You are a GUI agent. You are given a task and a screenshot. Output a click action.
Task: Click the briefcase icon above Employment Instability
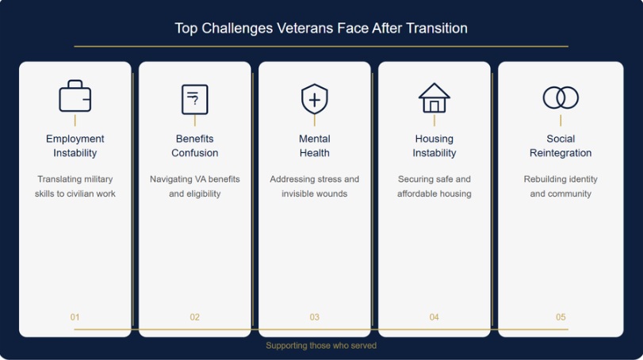click(75, 97)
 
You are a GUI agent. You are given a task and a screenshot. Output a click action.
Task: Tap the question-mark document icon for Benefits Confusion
click(195, 99)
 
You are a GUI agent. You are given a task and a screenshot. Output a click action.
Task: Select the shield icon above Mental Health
click(315, 99)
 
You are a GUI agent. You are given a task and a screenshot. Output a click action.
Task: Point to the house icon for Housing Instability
click(434, 98)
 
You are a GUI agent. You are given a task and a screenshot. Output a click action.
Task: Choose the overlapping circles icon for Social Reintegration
click(561, 98)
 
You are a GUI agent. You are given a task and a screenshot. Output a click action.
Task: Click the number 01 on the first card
click(75, 317)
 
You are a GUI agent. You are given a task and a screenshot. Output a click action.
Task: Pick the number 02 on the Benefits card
click(195, 317)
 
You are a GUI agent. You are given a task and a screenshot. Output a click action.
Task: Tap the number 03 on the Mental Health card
click(315, 317)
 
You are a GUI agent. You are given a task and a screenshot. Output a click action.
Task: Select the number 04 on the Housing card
click(434, 317)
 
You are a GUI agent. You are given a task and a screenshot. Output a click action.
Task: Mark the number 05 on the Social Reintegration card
click(561, 317)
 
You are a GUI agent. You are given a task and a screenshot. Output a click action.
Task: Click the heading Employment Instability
click(75, 146)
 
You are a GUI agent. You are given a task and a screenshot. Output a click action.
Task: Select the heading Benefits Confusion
click(195, 146)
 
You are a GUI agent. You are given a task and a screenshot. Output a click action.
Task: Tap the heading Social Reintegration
click(561, 146)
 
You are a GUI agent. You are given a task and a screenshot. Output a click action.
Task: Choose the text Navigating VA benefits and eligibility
click(195, 186)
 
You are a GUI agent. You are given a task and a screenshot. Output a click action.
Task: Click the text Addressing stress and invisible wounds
click(315, 186)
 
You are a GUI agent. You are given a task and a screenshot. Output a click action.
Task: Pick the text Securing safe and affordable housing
click(434, 186)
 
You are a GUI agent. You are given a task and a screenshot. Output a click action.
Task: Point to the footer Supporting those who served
click(321, 346)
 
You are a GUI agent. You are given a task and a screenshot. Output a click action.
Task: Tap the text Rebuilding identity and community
click(561, 186)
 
